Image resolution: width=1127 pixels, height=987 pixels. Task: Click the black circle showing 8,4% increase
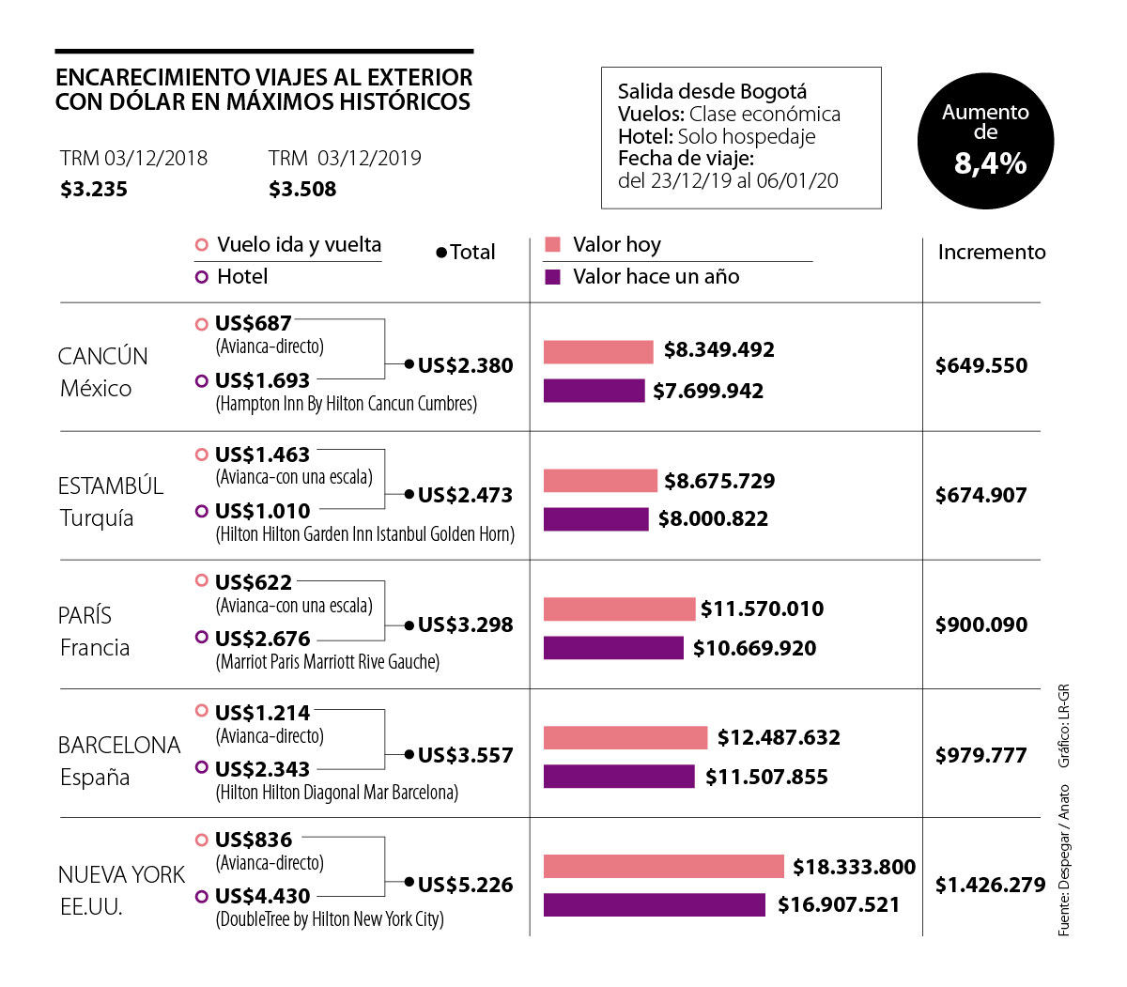tap(985, 141)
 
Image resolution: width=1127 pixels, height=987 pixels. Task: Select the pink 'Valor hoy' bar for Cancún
tap(598, 352)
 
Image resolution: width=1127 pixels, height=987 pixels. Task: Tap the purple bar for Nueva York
tap(655, 905)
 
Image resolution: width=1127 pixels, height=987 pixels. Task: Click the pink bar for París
tap(619, 609)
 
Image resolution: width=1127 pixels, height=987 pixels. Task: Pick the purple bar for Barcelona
tap(619, 777)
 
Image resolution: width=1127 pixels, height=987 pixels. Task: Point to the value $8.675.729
tap(719, 482)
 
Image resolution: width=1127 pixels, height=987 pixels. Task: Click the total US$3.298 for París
tap(465, 625)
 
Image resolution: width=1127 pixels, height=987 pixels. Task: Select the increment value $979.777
tap(980, 756)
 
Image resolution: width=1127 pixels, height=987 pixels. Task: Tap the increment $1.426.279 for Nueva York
tap(990, 885)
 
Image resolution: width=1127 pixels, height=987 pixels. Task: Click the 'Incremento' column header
tap(991, 252)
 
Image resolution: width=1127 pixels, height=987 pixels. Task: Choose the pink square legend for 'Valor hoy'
tap(553, 245)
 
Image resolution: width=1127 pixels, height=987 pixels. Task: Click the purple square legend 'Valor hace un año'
tap(553, 277)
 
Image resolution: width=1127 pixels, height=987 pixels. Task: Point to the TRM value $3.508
tap(302, 190)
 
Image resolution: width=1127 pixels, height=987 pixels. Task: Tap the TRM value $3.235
tap(94, 190)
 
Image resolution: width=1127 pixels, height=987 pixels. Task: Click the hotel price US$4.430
tap(262, 897)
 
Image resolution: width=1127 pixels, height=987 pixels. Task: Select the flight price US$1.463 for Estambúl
tap(262, 455)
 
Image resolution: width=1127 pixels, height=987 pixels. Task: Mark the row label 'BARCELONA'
tap(119, 746)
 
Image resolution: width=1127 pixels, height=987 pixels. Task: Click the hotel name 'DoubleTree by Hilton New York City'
tap(330, 919)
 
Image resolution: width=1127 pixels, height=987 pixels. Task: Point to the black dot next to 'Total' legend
tap(441, 253)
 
